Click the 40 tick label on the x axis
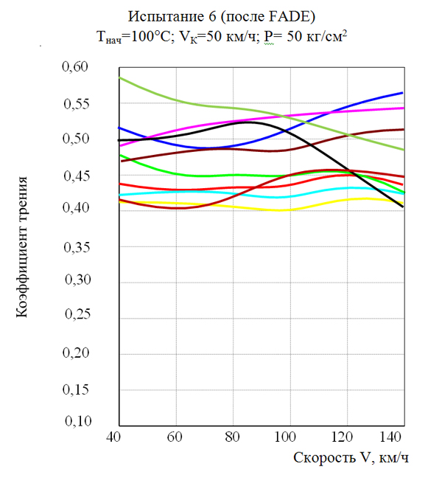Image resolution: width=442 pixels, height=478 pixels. [x=114, y=437]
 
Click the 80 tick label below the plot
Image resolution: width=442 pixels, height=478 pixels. [x=233, y=437]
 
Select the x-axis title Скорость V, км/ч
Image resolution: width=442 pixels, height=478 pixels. [x=351, y=458]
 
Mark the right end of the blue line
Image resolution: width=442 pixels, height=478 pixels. [x=403, y=92]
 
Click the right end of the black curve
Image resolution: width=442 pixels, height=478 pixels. [x=403, y=207]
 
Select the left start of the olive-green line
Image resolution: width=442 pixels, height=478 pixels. [x=119, y=77]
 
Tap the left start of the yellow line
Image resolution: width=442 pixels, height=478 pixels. [x=119, y=201]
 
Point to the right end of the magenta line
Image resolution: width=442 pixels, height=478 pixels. [x=403, y=108]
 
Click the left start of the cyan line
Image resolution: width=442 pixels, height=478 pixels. [x=119, y=195]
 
